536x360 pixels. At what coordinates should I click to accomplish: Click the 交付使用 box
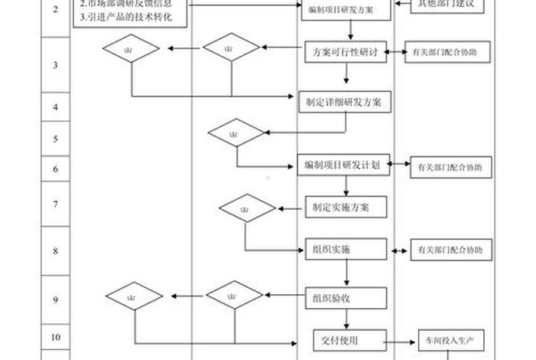(x=347, y=339)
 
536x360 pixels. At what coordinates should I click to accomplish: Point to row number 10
(x=56, y=335)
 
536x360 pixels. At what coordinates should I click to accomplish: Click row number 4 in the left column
(x=56, y=107)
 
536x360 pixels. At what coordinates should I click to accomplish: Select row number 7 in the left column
(x=56, y=205)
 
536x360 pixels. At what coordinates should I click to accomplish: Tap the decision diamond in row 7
(x=247, y=208)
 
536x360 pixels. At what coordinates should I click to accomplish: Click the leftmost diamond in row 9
(x=134, y=296)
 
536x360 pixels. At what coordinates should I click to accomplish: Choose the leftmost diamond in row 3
(x=132, y=50)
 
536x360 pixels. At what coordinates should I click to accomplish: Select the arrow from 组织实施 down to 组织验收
(x=348, y=273)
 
